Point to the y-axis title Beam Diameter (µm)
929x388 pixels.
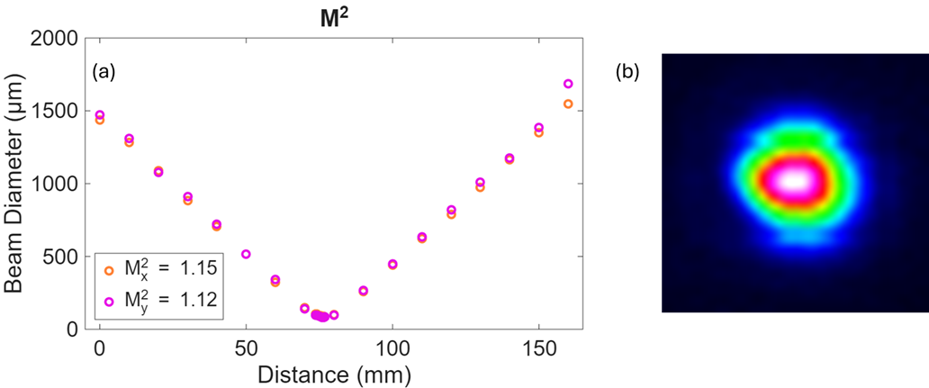click(17, 184)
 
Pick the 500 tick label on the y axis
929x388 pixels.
click(63, 257)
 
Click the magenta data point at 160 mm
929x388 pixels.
click(568, 84)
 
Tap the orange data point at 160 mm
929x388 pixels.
click(568, 104)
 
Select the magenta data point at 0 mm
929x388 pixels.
click(100, 114)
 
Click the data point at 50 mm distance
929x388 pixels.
click(246, 254)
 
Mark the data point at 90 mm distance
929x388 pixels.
click(363, 291)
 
